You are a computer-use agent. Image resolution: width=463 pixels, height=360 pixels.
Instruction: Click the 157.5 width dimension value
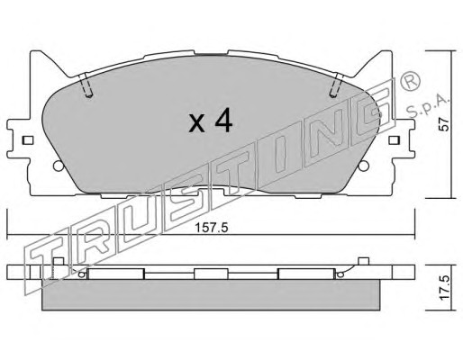[x=212, y=228]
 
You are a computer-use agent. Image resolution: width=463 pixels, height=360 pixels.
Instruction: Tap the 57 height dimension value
[x=444, y=124]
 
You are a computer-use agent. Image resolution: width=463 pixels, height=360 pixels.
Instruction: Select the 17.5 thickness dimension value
[x=444, y=288]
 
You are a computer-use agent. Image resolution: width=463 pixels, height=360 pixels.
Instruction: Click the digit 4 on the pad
[x=222, y=120]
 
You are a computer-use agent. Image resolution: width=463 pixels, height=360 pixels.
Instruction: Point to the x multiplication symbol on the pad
[x=196, y=124]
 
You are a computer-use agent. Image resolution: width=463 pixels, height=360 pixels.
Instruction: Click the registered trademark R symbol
[x=410, y=81]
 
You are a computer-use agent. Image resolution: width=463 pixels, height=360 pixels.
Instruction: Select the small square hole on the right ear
[x=394, y=140]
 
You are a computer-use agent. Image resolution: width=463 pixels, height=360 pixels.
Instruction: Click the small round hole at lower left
[x=58, y=166]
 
